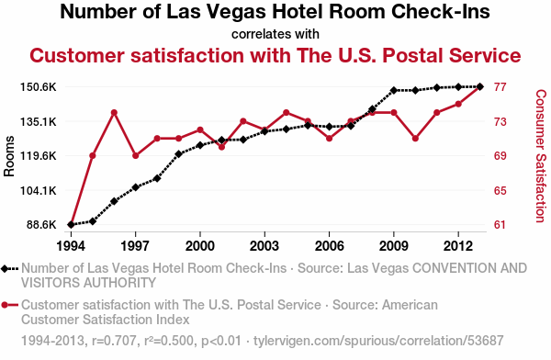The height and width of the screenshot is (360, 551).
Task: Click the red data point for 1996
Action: tap(114, 112)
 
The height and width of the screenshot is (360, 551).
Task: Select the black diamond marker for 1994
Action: tap(71, 225)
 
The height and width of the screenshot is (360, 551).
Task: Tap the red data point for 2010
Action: tap(415, 139)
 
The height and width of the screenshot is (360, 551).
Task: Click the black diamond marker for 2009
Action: tap(394, 90)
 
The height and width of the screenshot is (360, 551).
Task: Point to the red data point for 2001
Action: tap(221, 147)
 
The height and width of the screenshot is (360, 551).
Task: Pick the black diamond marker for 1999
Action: tap(178, 154)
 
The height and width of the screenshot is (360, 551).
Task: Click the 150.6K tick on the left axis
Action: tap(39, 87)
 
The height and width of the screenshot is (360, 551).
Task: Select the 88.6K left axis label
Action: tap(41, 225)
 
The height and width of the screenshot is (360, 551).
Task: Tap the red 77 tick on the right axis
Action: tap(500, 87)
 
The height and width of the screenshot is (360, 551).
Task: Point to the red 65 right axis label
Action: tap(500, 190)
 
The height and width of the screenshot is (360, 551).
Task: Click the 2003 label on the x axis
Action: tap(264, 246)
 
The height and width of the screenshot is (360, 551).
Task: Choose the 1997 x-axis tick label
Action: tap(135, 246)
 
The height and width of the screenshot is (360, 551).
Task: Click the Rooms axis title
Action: tap(9, 156)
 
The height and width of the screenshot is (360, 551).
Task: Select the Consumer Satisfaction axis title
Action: tap(541, 156)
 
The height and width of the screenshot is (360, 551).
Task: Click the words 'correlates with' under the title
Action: tap(275, 35)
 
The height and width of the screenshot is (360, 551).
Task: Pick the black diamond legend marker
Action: tap(5, 269)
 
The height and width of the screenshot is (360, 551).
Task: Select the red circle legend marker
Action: tap(5, 305)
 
